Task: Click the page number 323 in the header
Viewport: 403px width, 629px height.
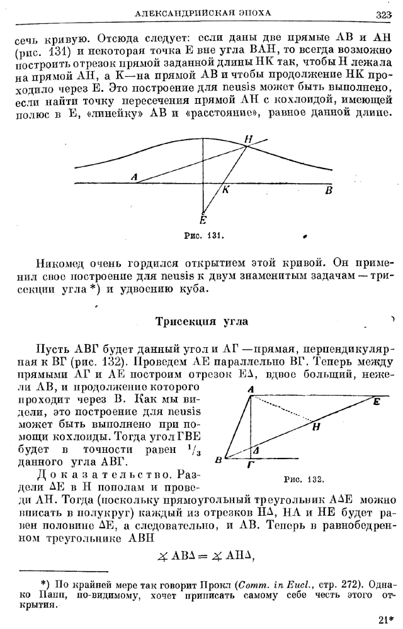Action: pos(383,14)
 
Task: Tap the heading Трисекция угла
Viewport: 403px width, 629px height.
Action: pos(201,321)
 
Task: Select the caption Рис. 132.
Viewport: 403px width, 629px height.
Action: pos(304,479)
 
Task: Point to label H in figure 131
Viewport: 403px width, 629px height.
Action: pos(248,138)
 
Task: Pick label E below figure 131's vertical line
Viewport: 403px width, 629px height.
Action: pos(203,220)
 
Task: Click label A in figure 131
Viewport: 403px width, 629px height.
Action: pos(134,177)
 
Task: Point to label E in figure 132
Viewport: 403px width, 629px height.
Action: pos(376,401)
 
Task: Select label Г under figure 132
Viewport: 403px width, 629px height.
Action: pos(251,465)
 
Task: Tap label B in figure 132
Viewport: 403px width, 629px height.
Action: pos(218,460)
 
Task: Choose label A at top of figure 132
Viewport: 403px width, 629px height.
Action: pos(251,390)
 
